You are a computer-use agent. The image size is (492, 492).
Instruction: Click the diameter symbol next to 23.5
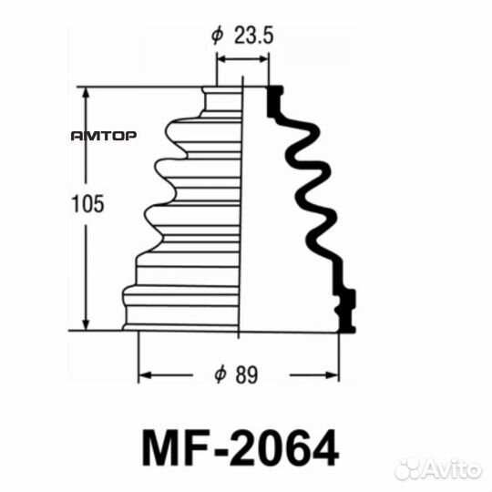pyautogui.click(x=217, y=36)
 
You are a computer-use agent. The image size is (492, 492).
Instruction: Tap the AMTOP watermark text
pyautogui.click(x=104, y=137)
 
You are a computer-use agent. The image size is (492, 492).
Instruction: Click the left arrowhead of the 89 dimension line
pyautogui.click(x=144, y=374)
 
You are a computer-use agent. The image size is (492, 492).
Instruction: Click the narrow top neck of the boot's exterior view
pyautogui.click(x=222, y=98)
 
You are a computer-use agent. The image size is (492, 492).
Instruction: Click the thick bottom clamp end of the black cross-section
pyautogui.click(x=346, y=308)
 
